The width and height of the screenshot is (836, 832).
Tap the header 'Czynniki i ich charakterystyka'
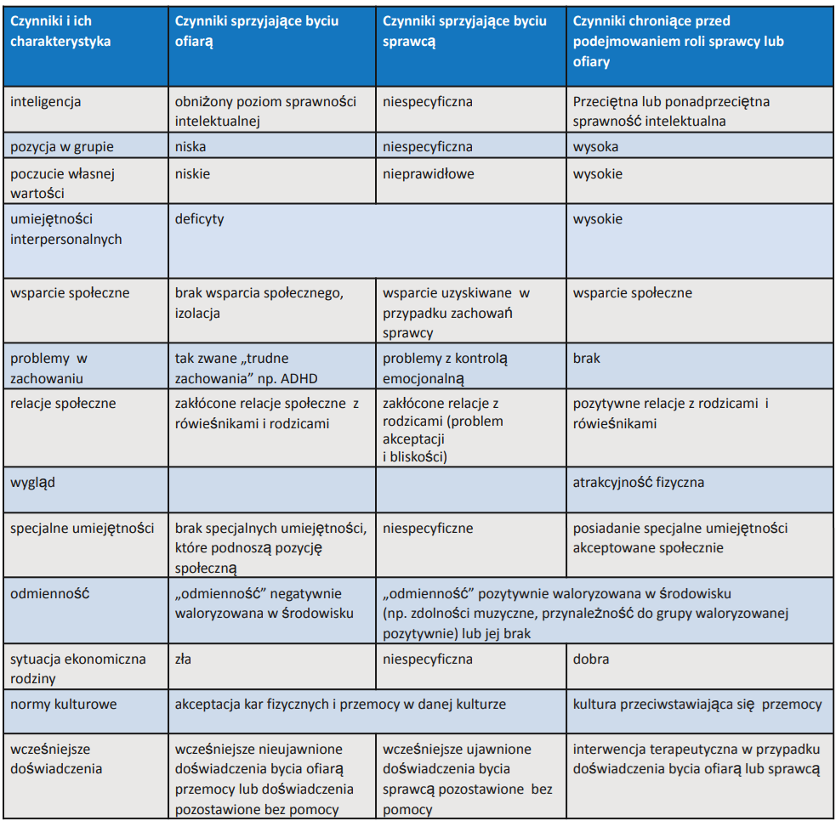click(60, 31)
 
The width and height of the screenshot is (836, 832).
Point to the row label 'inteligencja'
click(46, 102)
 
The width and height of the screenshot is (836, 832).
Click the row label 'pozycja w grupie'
click(62, 147)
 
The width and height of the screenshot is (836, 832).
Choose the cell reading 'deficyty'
click(200, 219)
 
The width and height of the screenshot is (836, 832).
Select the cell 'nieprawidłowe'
click(429, 174)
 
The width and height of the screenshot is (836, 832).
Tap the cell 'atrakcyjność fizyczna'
click(639, 483)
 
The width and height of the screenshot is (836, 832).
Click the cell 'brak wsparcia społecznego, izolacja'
click(259, 303)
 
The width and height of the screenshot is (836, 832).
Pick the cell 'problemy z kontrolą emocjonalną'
click(446, 368)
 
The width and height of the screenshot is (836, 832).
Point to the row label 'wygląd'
click(33, 483)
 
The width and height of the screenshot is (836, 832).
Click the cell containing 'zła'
click(184, 659)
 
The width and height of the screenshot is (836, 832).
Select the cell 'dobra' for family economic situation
click(591, 659)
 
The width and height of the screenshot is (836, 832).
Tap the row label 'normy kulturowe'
click(64, 705)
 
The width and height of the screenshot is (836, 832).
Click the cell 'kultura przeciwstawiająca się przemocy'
click(697, 705)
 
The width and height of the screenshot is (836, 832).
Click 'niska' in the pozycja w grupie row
click(191, 147)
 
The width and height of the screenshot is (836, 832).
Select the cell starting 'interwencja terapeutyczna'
click(696, 759)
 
